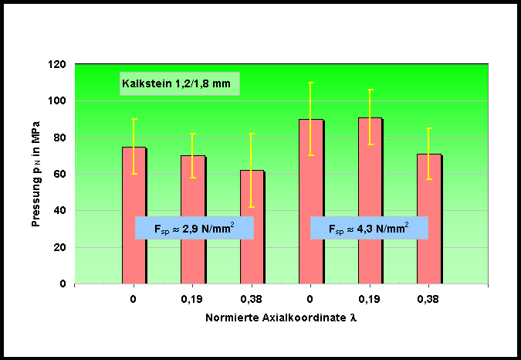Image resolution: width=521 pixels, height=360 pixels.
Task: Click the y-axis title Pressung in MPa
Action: tap(36, 174)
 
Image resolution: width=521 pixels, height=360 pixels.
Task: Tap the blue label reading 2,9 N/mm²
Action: tap(195, 228)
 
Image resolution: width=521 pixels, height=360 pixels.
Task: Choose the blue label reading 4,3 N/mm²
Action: tap(369, 228)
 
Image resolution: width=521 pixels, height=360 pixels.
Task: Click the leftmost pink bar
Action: tap(134, 216)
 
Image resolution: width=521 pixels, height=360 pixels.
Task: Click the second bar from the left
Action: tap(192, 219)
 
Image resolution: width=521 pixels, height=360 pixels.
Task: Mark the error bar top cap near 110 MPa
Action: tap(310, 83)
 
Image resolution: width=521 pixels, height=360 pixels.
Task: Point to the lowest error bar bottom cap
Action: tap(252, 207)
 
